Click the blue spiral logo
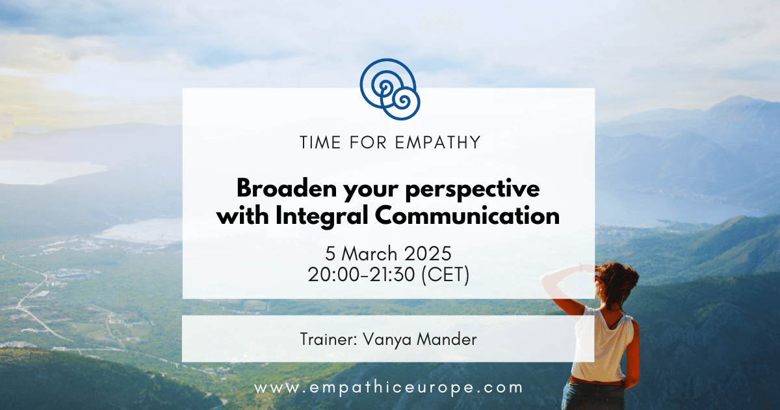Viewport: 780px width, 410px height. point(389,89)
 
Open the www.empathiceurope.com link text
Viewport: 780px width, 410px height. point(389,388)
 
